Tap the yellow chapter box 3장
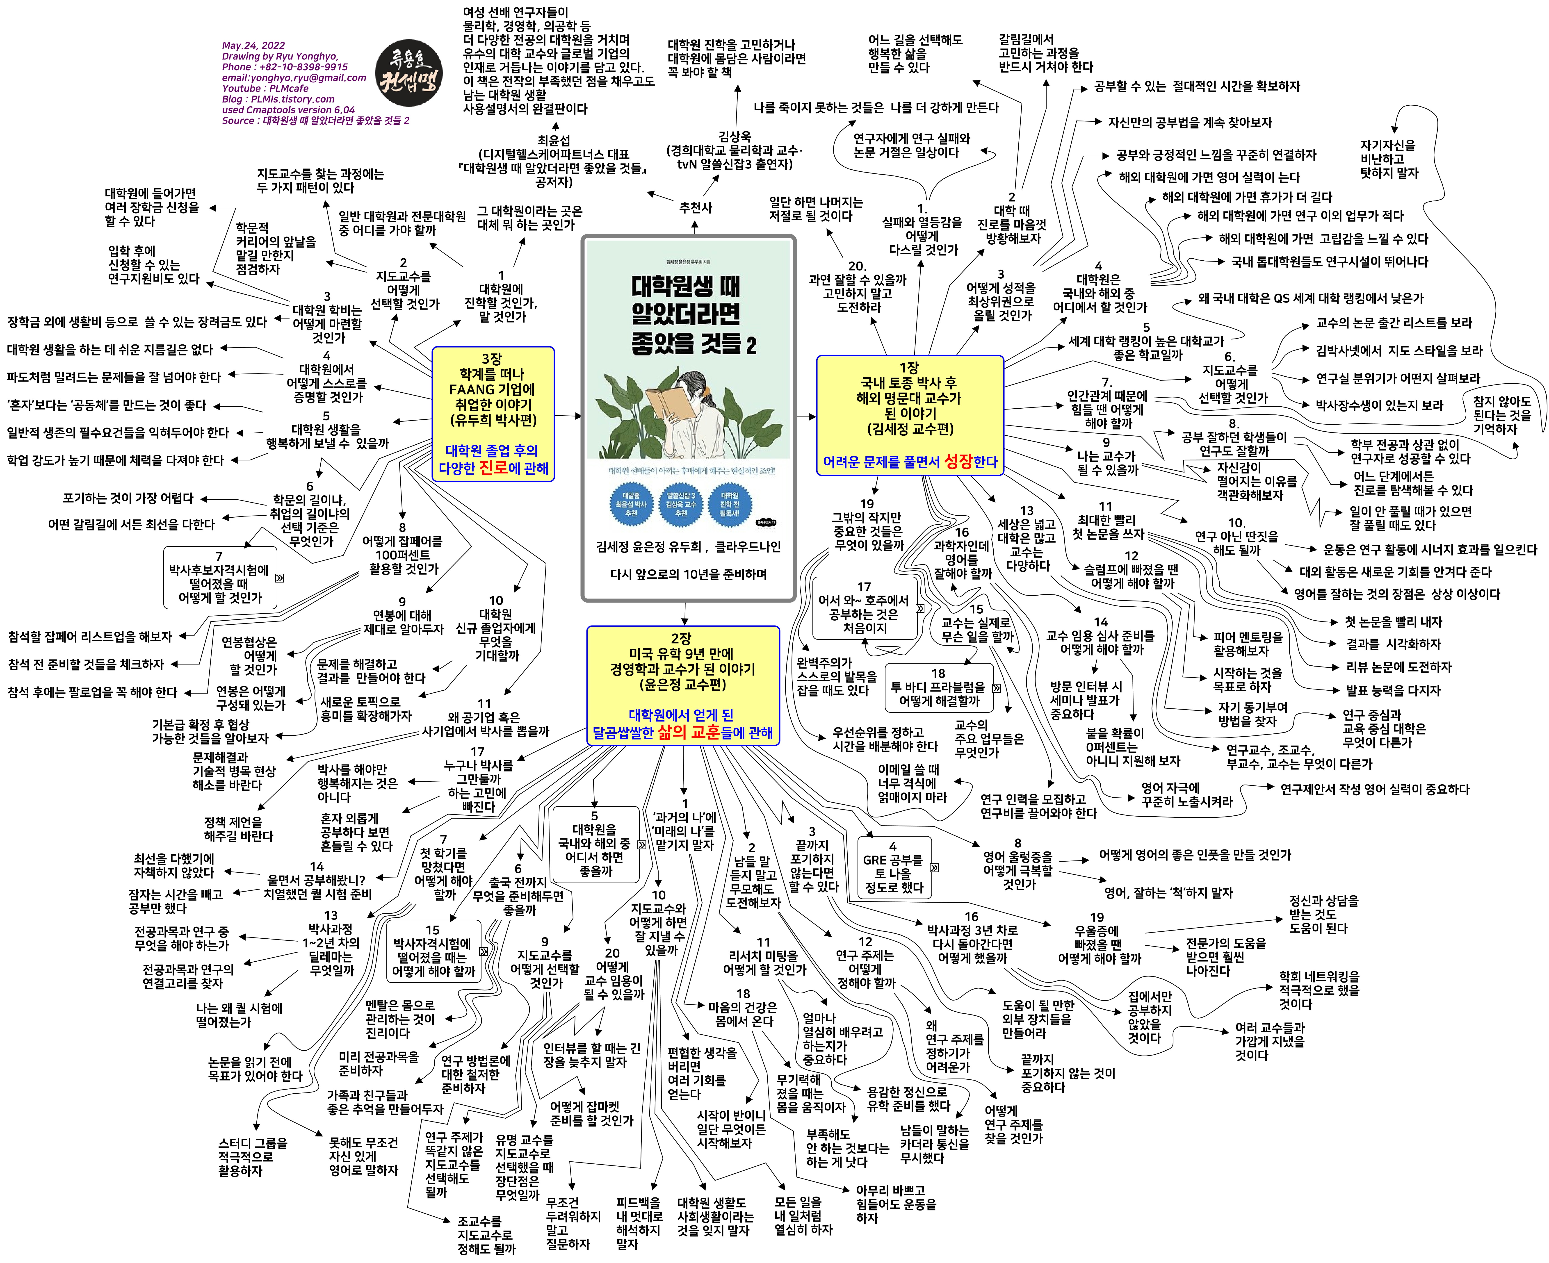click(493, 413)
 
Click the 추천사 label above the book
click(695, 208)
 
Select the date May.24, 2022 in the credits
click(253, 45)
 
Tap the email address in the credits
click(294, 77)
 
